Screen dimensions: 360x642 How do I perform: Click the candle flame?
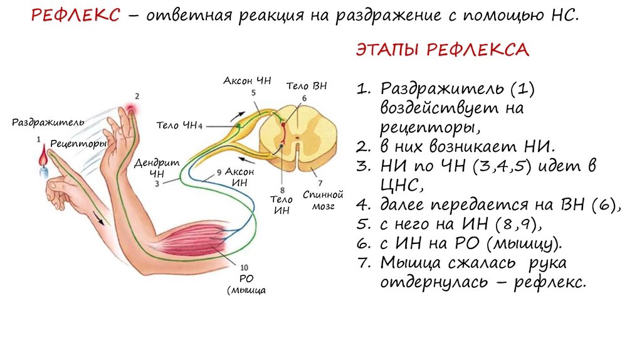pos(42,153)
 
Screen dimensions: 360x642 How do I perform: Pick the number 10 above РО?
pos(243,266)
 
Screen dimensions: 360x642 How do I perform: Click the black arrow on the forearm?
pos(97,218)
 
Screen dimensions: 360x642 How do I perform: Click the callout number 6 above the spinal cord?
pos(304,98)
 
